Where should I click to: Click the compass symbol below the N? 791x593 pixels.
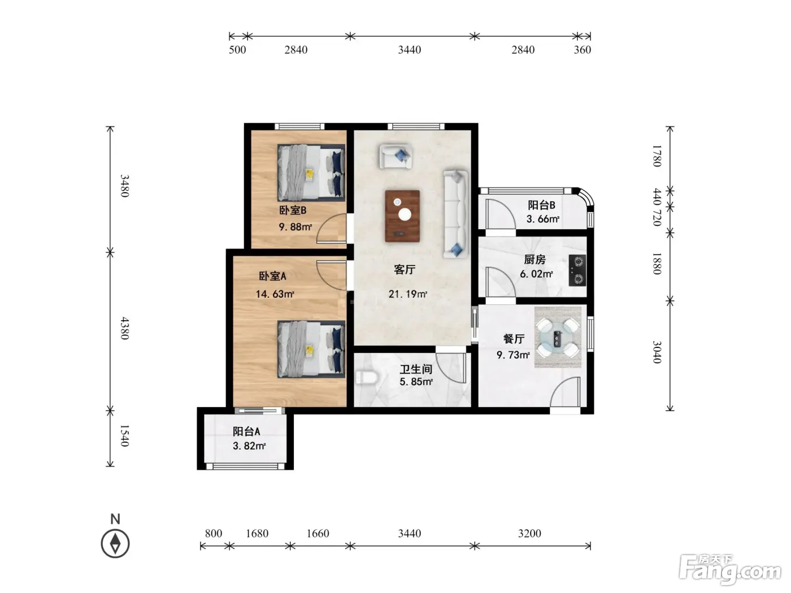click(115, 544)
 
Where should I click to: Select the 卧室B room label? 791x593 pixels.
click(293, 210)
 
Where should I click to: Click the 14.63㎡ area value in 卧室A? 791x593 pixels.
click(275, 294)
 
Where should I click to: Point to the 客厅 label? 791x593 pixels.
click(405, 270)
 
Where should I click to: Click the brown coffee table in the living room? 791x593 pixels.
click(402, 216)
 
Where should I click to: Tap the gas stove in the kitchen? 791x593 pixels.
click(577, 271)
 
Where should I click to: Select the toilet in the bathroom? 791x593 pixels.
click(366, 378)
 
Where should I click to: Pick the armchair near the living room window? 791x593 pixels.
click(395, 156)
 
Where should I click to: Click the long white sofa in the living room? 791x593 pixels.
click(455, 214)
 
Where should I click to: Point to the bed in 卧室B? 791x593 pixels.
click(311, 173)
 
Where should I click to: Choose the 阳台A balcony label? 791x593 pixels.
click(246, 431)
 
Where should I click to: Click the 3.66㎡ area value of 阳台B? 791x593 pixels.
click(543, 219)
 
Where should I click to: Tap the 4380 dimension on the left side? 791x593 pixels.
click(124, 328)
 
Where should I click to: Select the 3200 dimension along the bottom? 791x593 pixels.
click(529, 533)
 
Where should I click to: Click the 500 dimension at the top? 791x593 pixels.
click(237, 50)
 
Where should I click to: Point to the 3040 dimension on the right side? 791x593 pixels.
click(657, 352)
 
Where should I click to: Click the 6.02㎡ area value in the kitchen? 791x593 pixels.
click(536, 274)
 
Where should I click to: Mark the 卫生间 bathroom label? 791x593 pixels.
click(416, 369)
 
